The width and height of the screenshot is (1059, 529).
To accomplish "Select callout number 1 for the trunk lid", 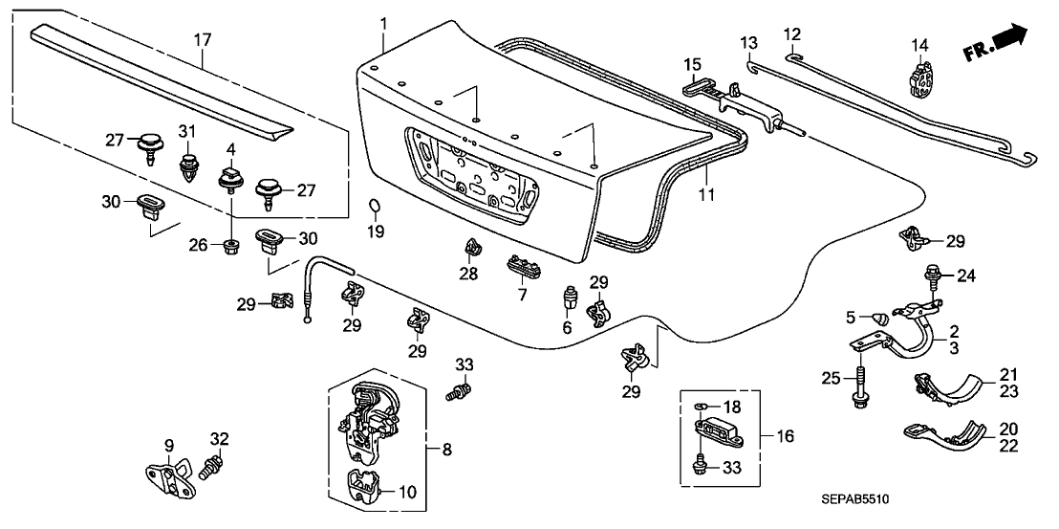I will coord(383,21).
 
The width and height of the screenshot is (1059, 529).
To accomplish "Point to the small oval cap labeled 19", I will coord(376,206).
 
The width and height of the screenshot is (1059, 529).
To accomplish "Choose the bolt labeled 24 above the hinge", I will coord(931,278).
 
